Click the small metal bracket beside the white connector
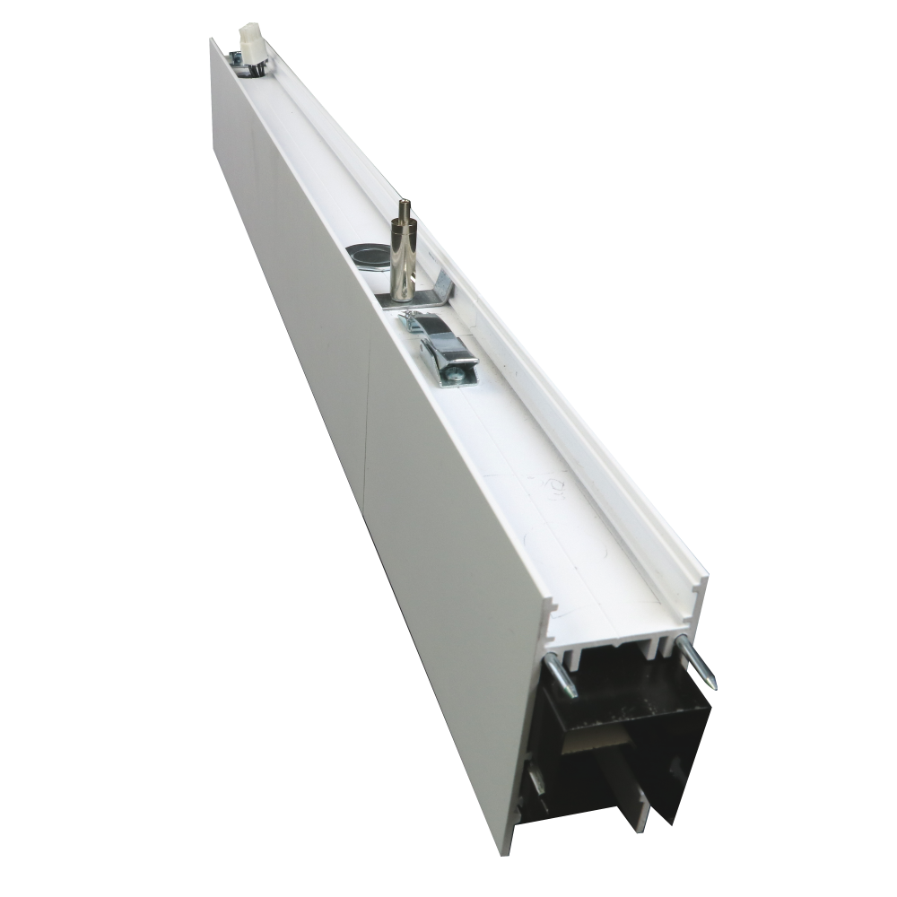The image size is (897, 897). coord(235,59)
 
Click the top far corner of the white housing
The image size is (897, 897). coord(212,39)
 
